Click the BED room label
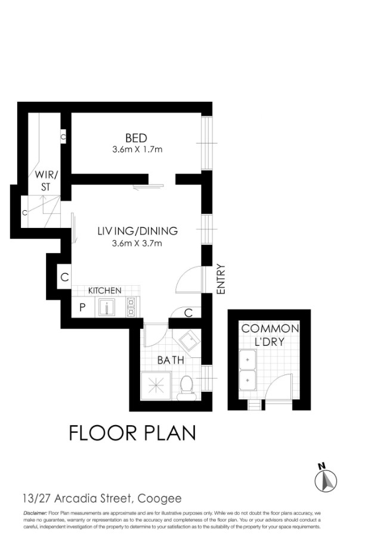[136, 138]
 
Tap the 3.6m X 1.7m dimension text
[137, 149]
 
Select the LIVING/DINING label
[138, 231]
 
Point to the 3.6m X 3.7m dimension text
[137, 243]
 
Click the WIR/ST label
[47, 180]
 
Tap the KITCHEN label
[104, 291]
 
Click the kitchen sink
[107, 307]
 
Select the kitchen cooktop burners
[131, 307]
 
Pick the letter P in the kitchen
[82, 307]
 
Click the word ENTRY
[221, 279]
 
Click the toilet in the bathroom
[187, 388]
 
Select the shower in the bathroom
[156, 386]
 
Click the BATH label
[171, 360]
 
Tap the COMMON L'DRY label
[270, 335]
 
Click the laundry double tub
[248, 370]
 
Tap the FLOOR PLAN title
[132, 433]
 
